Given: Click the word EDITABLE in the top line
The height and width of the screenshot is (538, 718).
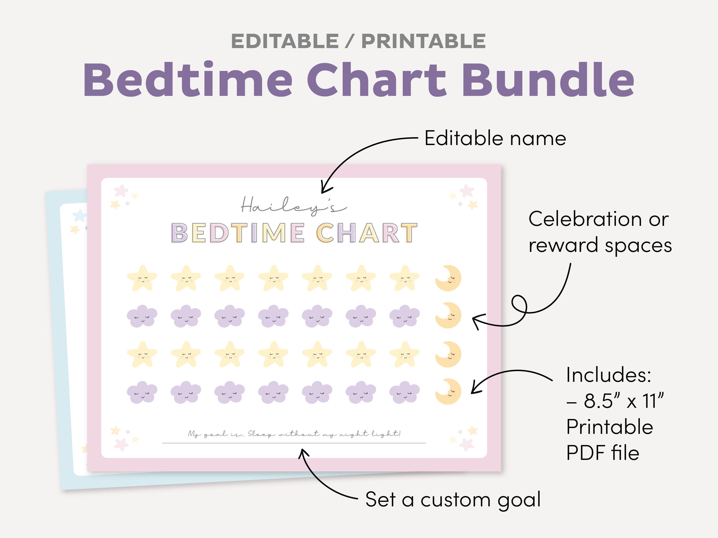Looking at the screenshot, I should coord(285,41).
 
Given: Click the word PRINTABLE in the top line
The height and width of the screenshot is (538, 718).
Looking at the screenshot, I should coord(423,41).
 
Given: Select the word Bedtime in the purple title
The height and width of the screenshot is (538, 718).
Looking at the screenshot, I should coord(188,80).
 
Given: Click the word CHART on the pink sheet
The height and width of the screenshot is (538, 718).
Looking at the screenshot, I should coord(367,233).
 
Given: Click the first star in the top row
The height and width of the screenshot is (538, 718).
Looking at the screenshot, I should coord(142,278).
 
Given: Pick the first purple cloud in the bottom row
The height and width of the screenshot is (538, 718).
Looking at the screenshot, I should coord(142,392).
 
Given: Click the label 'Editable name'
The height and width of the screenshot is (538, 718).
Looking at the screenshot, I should coord(495,139).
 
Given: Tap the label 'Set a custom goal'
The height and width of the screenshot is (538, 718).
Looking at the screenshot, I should coord(453,499).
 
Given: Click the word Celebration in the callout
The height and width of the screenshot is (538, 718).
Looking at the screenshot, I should coord(585,219).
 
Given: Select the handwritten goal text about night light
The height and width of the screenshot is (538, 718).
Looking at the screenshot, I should coord(294,434).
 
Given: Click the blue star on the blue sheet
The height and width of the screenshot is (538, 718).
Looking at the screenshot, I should coord(79,215).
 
